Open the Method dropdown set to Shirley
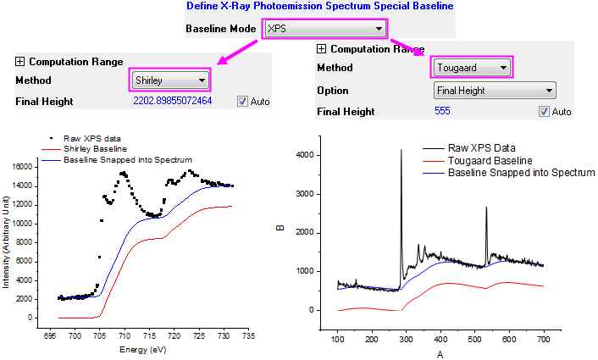170,80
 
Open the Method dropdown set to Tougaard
472,67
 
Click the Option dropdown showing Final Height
494,90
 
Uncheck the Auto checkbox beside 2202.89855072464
242,102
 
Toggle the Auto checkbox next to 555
544,112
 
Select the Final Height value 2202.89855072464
172,102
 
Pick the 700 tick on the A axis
542,340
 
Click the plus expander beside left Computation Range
20,62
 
